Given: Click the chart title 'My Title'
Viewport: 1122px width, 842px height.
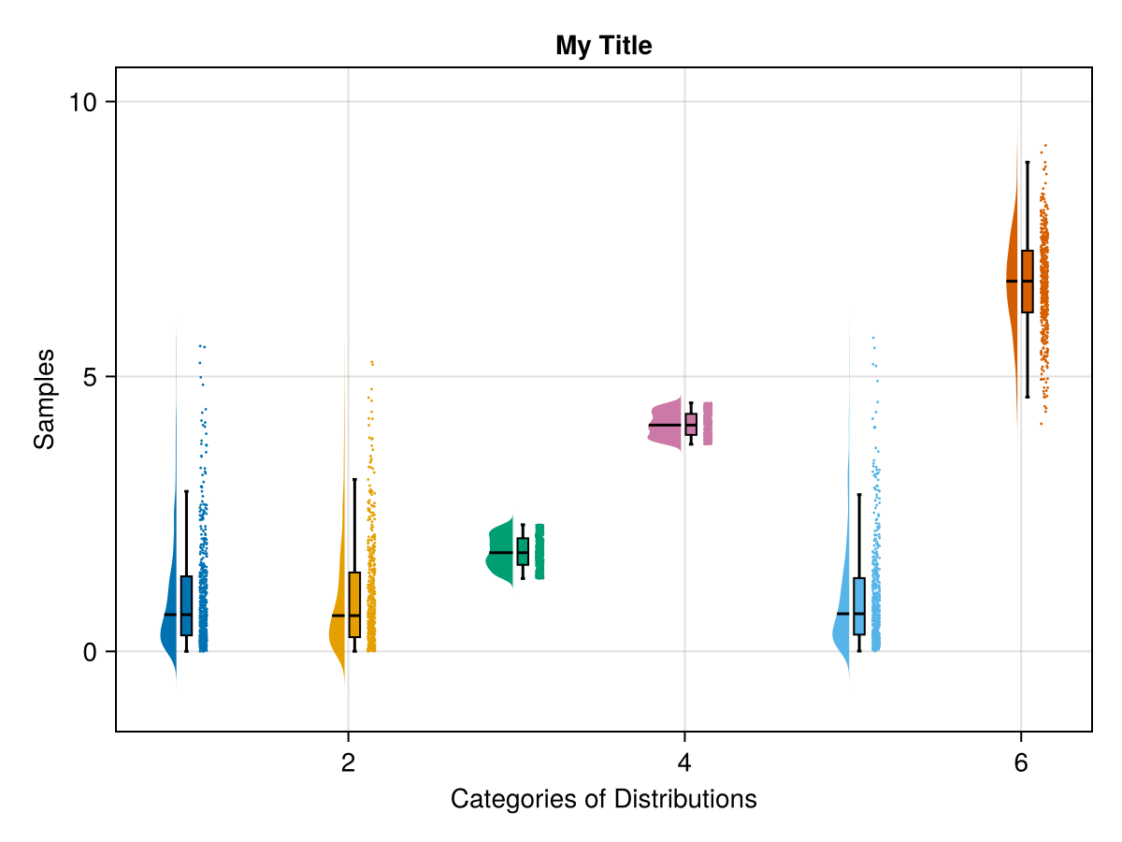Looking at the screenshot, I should pyautogui.click(x=603, y=45).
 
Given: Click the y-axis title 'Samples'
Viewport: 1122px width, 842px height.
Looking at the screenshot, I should pyautogui.click(x=44, y=399).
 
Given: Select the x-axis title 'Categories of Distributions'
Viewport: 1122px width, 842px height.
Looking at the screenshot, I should pyautogui.click(x=603, y=800).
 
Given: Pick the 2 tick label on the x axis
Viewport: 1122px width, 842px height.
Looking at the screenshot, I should pyautogui.click(x=349, y=763).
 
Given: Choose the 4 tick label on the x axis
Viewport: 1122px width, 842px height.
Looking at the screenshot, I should pyautogui.click(x=684, y=763).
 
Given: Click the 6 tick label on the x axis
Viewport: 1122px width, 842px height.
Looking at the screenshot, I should pyautogui.click(x=1020, y=763).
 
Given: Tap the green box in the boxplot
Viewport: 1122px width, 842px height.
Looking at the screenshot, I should pyautogui.click(x=523, y=551).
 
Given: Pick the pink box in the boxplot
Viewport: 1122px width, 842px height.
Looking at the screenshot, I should pyautogui.click(x=691, y=424).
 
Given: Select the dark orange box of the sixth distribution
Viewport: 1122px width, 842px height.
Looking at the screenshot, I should pyautogui.click(x=1027, y=281).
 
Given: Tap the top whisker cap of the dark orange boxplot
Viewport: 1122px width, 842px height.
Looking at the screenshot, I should pyautogui.click(x=1027, y=162).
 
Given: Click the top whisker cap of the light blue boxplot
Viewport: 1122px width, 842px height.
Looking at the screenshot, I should pyautogui.click(x=858, y=494).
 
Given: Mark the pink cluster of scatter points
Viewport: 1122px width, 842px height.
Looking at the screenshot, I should pyautogui.click(x=708, y=423).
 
